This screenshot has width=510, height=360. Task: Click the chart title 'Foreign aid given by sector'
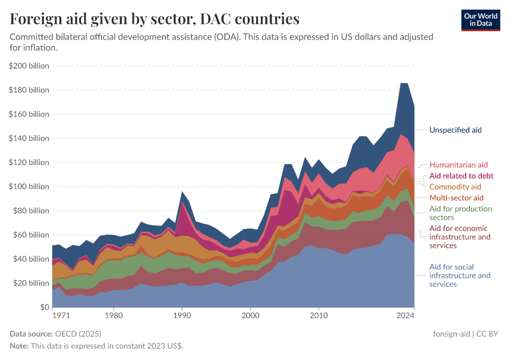pyautogui.click(x=155, y=19)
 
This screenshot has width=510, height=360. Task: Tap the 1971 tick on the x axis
pyautogui.click(x=60, y=315)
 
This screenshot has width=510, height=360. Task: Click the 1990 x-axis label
pyautogui.click(x=182, y=315)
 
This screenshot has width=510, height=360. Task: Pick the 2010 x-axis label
pyautogui.click(x=318, y=315)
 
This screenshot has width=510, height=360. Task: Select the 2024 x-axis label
pyautogui.click(x=406, y=315)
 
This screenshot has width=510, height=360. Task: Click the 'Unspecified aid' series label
pyautogui.click(x=455, y=130)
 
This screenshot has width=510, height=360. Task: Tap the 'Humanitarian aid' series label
pyautogui.click(x=458, y=164)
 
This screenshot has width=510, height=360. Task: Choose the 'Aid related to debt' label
pyautogui.click(x=461, y=176)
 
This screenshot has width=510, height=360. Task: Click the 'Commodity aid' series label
pyautogui.click(x=455, y=187)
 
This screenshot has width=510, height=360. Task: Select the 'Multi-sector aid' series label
pyautogui.click(x=456, y=197)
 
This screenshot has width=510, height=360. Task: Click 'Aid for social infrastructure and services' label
pyautogui.click(x=460, y=275)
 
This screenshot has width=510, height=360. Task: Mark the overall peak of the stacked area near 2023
pyautogui.click(x=404, y=83)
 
